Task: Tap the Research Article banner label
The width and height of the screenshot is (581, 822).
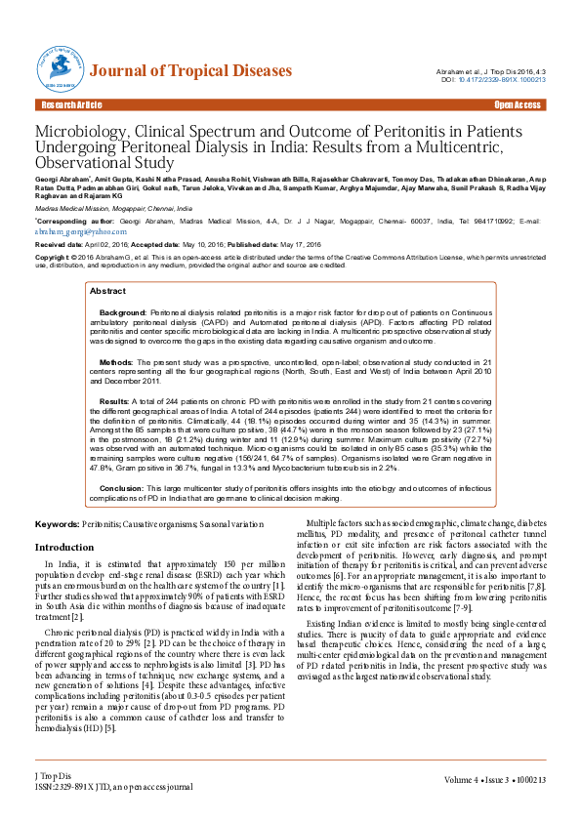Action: click(x=69, y=104)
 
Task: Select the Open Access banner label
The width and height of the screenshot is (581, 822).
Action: click(x=518, y=104)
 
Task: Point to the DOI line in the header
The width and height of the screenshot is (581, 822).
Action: click(x=493, y=80)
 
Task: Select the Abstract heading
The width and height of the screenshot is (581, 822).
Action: click(x=107, y=291)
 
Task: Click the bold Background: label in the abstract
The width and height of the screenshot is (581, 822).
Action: click(x=124, y=311)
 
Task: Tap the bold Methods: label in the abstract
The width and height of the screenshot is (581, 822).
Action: click(x=118, y=360)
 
